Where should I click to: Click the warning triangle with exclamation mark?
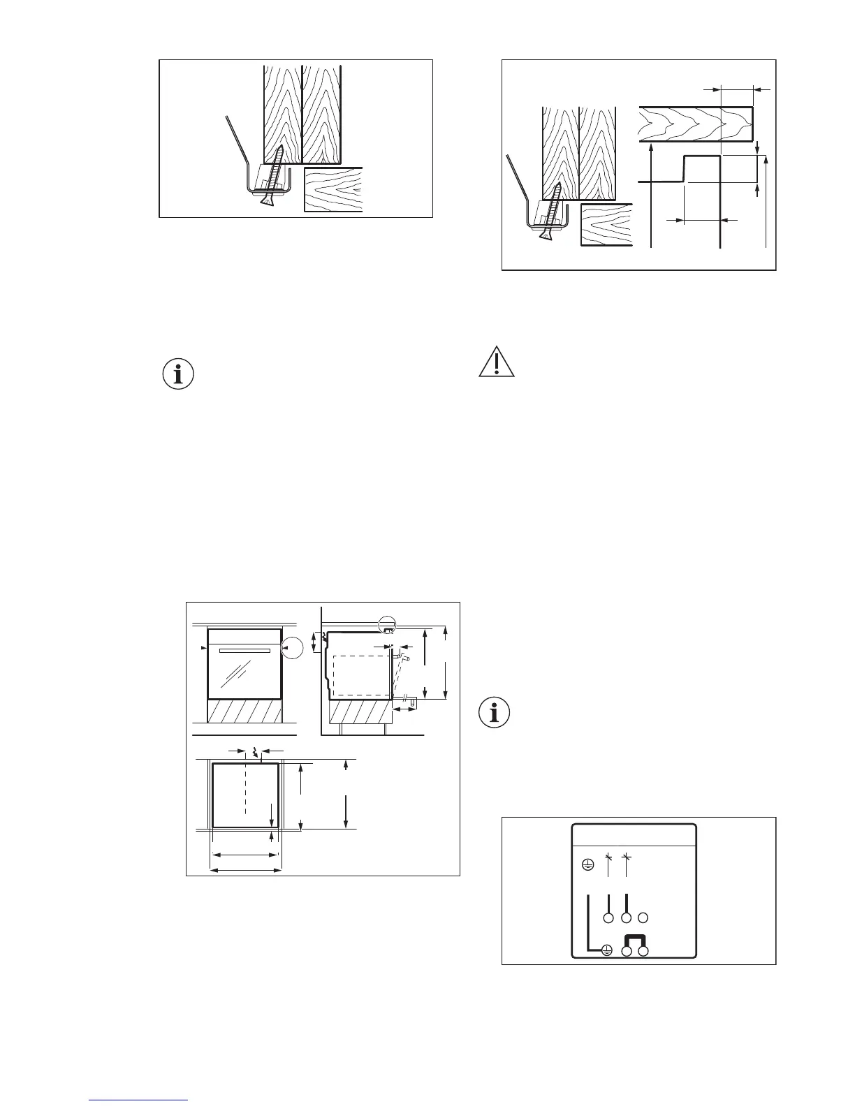click(497, 362)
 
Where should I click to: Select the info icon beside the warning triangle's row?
click(178, 374)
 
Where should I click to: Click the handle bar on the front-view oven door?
click(244, 650)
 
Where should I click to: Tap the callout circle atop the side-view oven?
click(387, 624)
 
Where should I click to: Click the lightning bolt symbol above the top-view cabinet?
click(256, 752)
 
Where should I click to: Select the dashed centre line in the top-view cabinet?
click(246, 789)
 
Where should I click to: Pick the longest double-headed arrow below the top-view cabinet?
click(246, 870)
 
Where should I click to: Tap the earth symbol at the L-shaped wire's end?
click(607, 950)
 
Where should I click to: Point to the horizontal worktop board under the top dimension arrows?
click(695, 124)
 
